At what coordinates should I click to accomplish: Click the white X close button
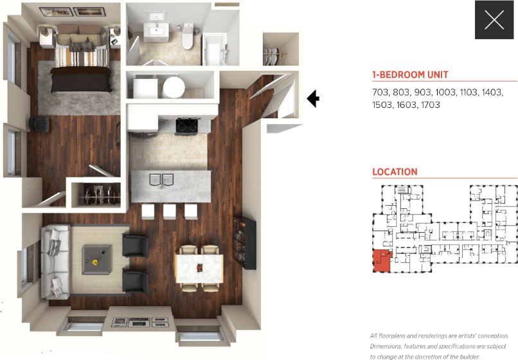[x=494, y=20]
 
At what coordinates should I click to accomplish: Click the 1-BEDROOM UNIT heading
[x=410, y=75]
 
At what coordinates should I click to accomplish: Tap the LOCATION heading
[x=395, y=172]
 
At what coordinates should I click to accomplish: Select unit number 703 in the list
[x=381, y=93]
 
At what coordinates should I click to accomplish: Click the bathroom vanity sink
[x=155, y=28]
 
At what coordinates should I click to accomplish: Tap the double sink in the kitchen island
[x=162, y=179]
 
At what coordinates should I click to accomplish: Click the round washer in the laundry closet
[x=174, y=85]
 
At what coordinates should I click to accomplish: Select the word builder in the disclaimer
[x=467, y=357]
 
